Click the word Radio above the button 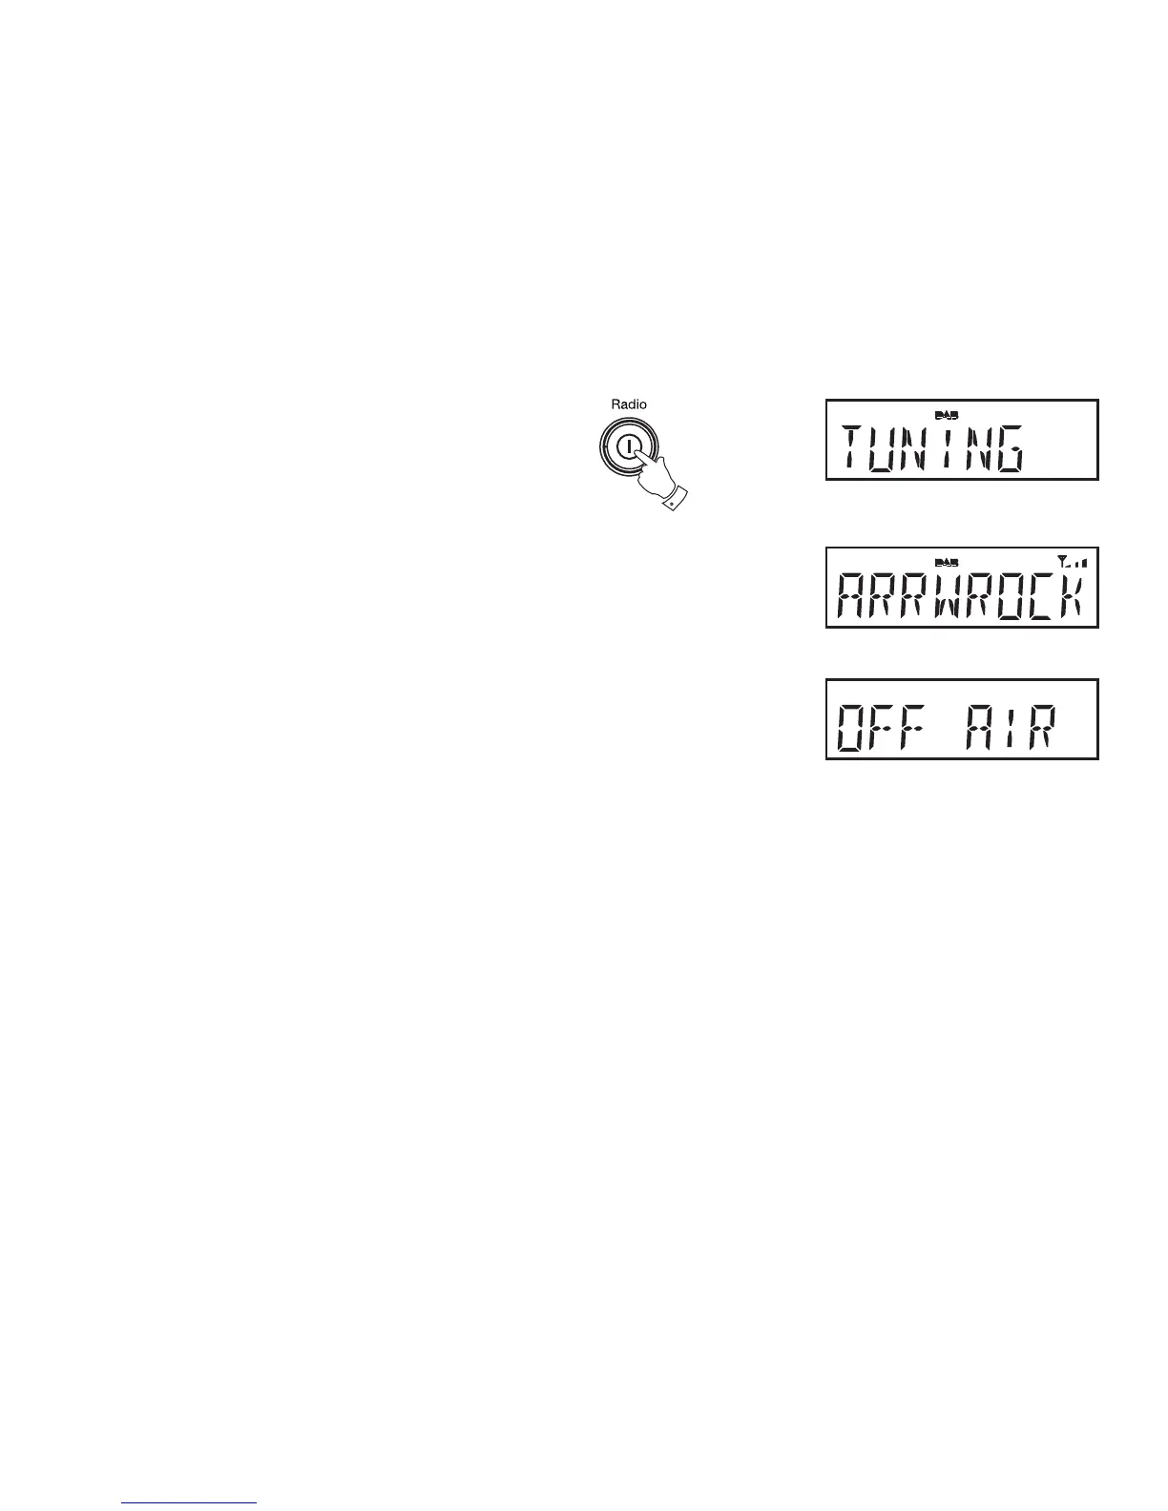pos(629,404)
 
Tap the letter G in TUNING pos(1008,449)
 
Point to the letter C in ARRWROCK pos(1039,597)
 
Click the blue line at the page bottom pos(190,1502)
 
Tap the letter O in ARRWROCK pos(1009,597)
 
